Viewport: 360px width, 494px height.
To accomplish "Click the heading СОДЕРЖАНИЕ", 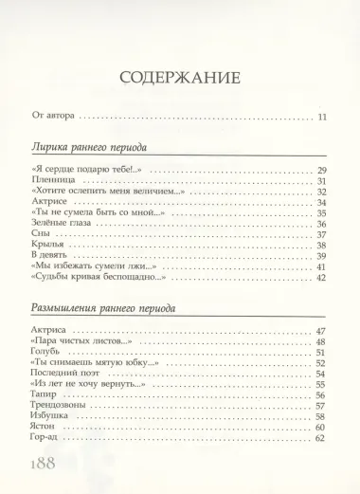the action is [x=180, y=78].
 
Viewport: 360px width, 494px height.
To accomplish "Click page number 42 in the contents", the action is [x=321, y=278].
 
